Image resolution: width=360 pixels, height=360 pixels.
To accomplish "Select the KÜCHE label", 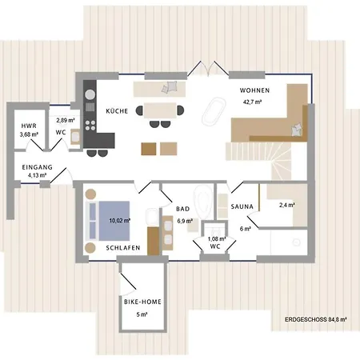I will click(x=117, y=113).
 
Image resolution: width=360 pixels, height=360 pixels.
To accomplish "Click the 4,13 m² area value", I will click(x=37, y=174).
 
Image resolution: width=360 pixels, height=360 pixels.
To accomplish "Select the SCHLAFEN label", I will click(x=123, y=248).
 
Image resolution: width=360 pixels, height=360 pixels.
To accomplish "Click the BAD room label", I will click(x=183, y=209).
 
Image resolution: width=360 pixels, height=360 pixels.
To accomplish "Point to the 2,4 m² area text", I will click(x=286, y=206).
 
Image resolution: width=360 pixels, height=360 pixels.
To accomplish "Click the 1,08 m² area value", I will click(x=214, y=238).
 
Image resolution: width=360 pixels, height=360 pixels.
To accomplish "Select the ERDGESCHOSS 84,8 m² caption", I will click(x=315, y=319).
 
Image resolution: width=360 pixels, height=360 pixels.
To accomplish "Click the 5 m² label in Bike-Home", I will click(x=142, y=314).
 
